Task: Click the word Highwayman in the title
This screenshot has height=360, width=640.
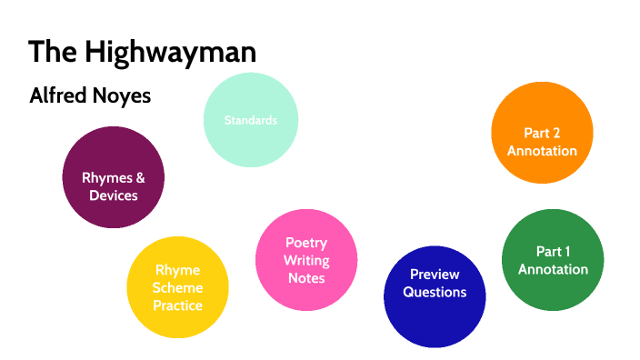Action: pos(171,52)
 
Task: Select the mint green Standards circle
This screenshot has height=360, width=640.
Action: pos(251,119)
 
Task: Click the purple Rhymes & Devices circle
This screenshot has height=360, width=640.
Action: pos(113,176)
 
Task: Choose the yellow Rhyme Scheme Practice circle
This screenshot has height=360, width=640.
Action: pos(177,287)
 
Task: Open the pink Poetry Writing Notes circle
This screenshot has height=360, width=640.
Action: pos(306,260)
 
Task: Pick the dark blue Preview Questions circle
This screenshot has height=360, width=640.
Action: pos(435,296)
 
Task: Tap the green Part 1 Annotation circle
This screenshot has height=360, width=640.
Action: pos(553,260)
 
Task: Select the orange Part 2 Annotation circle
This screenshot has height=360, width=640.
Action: pos(542,132)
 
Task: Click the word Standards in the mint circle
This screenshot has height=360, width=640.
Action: pos(251,120)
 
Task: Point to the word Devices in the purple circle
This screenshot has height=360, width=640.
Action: pos(113,195)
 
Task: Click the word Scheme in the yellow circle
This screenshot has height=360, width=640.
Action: pos(177,287)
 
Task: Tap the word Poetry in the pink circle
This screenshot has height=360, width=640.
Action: pos(306,243)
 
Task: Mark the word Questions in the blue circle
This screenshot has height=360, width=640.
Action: pos(435,292)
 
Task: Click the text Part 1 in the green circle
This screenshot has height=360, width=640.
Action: pos(553,251)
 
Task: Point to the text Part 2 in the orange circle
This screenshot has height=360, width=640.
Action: pos(542,133)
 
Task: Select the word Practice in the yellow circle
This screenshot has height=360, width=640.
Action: pos(177,305)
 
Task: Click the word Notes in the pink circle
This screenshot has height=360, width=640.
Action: pos(306,278)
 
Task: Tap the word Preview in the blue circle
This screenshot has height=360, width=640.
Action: pos(435,274)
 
